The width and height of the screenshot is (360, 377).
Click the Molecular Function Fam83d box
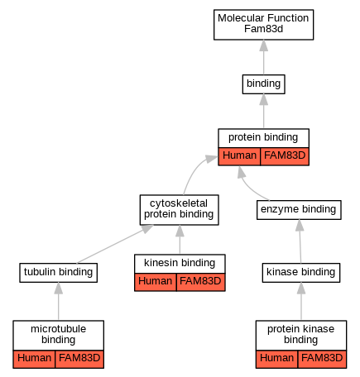(263, 25)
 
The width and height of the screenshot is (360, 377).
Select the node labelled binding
(263, 84)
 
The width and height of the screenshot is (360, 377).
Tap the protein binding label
(263, 138)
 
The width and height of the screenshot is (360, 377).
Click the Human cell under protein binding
(239, 156)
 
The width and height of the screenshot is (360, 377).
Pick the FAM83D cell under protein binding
(285, 156)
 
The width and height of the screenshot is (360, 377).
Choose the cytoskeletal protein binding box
(179, 210)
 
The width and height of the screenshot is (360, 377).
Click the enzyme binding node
(299, 210)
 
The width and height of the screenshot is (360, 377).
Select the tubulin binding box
(58, 273)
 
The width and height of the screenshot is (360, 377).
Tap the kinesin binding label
(180, 264)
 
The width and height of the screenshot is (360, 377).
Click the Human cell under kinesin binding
(156, 282)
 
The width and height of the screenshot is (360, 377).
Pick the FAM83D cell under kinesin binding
(201, 282)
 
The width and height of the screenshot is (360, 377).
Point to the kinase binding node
(301, 273)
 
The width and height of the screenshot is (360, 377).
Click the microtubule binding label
(58, 335)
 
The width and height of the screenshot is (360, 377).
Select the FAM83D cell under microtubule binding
(79, 359)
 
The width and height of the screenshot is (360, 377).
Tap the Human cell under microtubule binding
(34, 359)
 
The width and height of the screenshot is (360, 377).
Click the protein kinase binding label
(301, 335)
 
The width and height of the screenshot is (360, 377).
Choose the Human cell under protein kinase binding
(276, 359)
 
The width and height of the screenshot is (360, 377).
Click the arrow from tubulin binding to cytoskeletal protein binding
(115, 244)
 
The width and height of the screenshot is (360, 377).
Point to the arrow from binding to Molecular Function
(264, 57)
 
